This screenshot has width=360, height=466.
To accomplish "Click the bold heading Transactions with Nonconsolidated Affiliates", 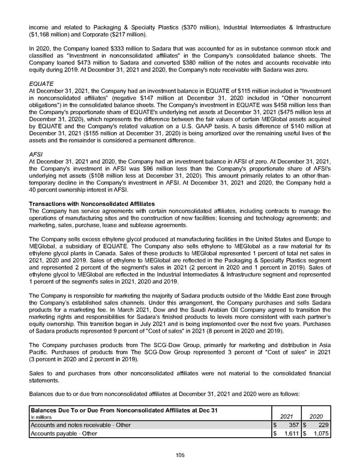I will (92, 205).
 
